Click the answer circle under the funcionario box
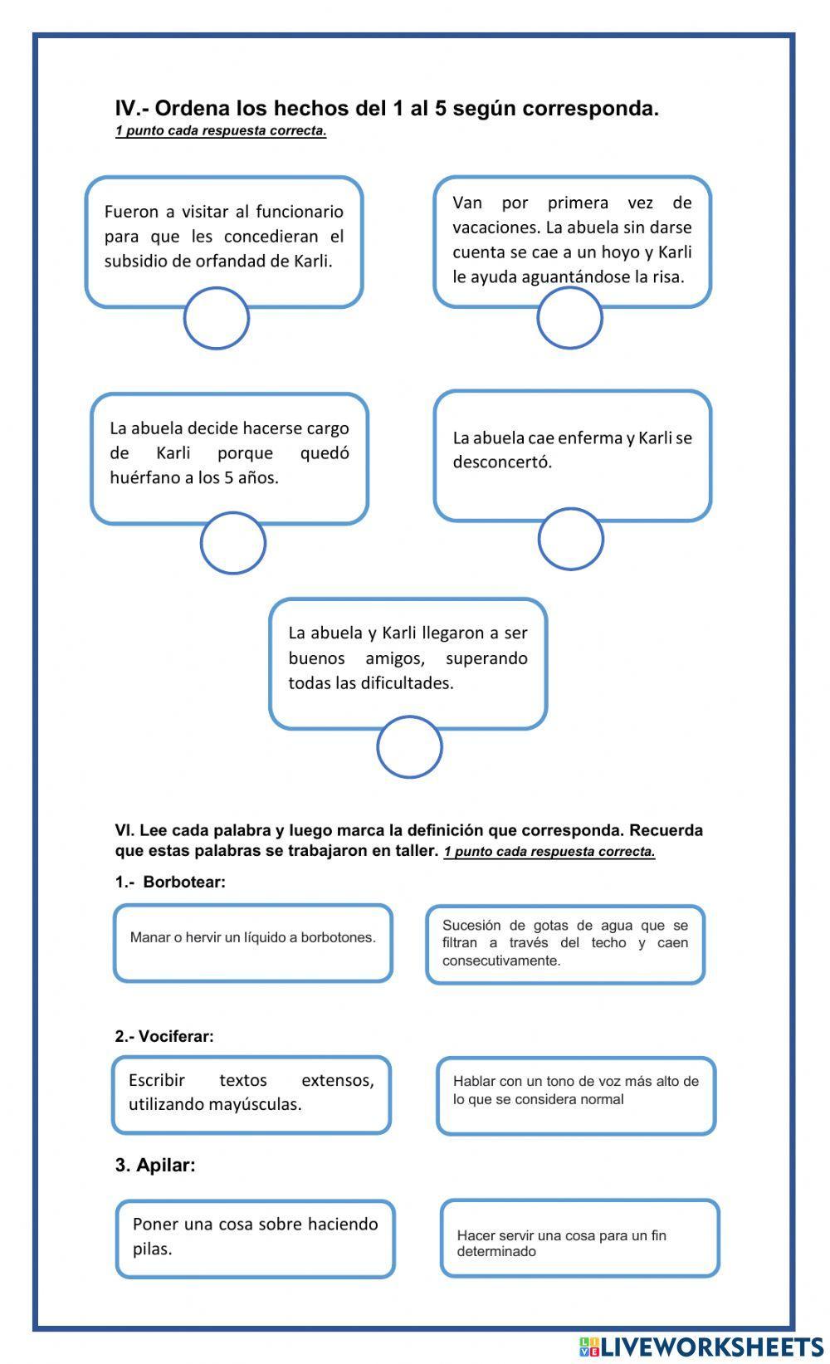[x=216, y=318]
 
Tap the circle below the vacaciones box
[x=569, y=318]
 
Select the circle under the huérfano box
[x=233, y=543]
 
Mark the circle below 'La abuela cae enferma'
[x=570, y=540]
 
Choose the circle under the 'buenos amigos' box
[x=409, y=747]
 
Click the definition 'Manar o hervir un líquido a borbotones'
[x=252, y=943]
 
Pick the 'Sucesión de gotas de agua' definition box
[x=565, y=944]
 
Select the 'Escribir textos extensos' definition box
[x=251, y=1094]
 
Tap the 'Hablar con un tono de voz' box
[x=575, y=1095]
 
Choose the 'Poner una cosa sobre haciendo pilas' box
[x=255, y=1238]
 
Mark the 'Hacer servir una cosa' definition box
[x=579, y=1238]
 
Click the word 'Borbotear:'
[x=184, y=882]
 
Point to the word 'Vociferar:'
[x=176, y=1036]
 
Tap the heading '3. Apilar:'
[x=155, y=1165]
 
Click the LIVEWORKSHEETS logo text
[x=711, y=1346]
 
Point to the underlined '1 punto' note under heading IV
[x=221, y=130]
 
